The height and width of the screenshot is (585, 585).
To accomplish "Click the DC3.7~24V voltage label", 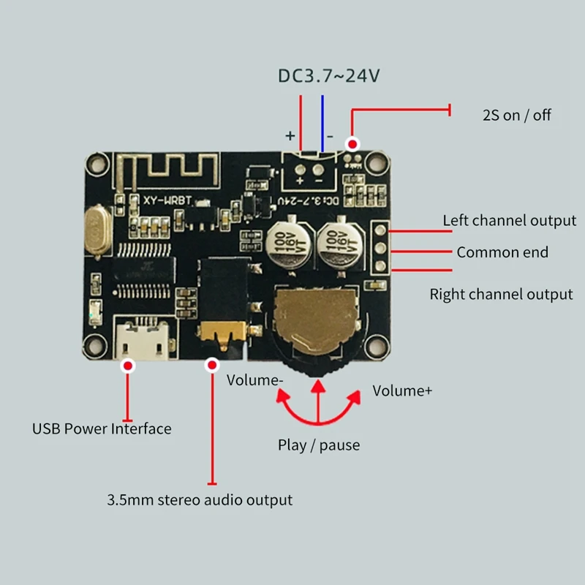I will click(x=328, y=76).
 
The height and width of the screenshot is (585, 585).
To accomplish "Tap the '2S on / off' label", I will click(x=516, y=115).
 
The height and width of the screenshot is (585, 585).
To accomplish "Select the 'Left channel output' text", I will click(x=509, y=220).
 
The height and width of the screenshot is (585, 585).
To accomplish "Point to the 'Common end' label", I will click(x=502, y=252).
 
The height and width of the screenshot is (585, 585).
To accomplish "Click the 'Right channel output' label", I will click(x=501, y=294).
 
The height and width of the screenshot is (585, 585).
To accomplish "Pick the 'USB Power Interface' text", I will click(x=102, y=429).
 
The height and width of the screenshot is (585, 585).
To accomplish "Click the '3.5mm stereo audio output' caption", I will click(x=200, y=500).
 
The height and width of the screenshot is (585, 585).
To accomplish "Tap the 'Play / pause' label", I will click(x=319, y=445).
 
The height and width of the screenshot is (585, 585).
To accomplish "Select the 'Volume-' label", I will click(x=254, y=380).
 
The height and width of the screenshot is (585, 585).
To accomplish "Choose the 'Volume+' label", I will click(x=402, y=390).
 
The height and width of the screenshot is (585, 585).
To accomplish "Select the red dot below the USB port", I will click(x=129, y=365).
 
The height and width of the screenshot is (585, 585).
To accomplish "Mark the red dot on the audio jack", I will click(x=212, y=364).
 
